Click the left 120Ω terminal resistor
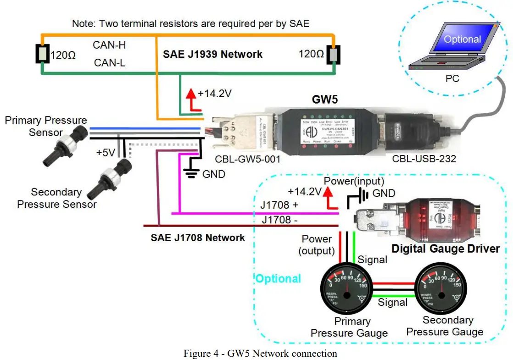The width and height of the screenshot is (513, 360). [x=42, y=55]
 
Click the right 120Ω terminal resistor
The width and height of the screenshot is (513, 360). [x=333, y=54]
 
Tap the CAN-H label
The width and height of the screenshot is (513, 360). [x=109, y=45]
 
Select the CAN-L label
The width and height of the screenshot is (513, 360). [x=109, y=63]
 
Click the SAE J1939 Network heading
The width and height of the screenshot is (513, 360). [x=213, y=54]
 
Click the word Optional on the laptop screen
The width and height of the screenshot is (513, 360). [x=462, y=39]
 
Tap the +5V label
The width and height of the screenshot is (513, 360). [x=105, y=152]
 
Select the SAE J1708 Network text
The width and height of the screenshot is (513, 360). [x=198, y=238]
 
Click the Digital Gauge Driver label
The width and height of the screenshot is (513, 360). [x=445, y=249]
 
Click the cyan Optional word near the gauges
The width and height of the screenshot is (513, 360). [x=278, y=278]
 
